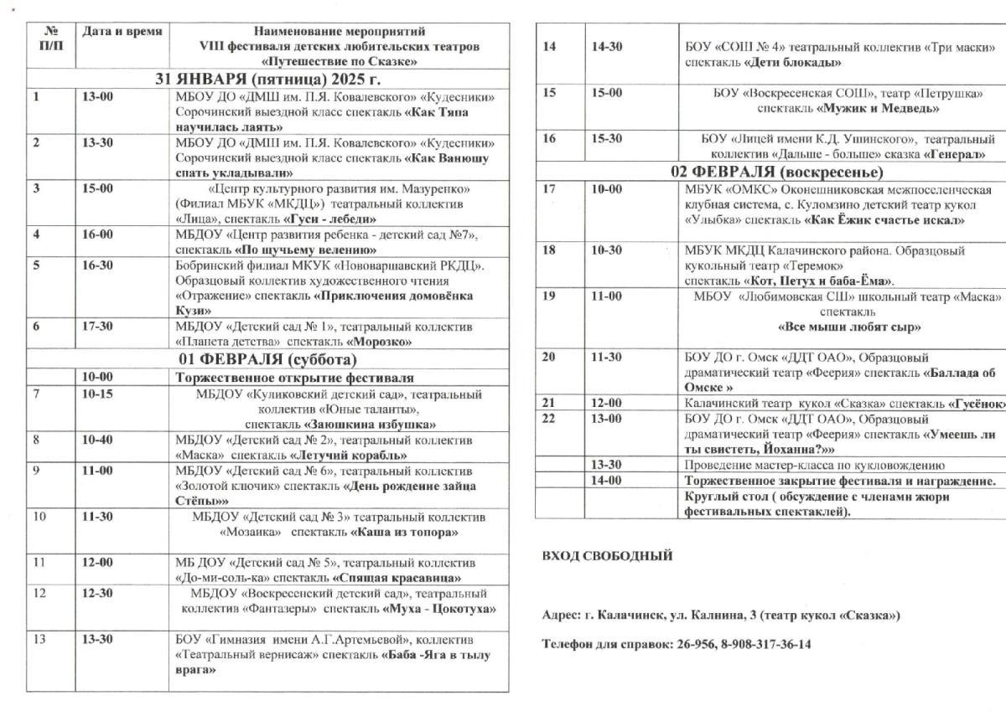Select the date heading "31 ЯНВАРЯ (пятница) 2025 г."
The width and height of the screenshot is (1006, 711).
[267, 80]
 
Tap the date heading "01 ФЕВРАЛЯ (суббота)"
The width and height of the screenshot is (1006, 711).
[267, 361]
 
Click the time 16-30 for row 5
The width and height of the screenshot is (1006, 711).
[99, 266]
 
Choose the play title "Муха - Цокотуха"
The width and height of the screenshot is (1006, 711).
[438, 608]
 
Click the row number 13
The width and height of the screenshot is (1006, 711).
[39, 639]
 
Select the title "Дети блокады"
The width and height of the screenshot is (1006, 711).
[792, 62]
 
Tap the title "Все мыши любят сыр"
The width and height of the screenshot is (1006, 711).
[849, 327]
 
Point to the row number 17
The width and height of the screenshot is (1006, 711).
[549, 189]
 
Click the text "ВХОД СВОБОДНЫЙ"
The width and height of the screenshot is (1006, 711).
[607, 555]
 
